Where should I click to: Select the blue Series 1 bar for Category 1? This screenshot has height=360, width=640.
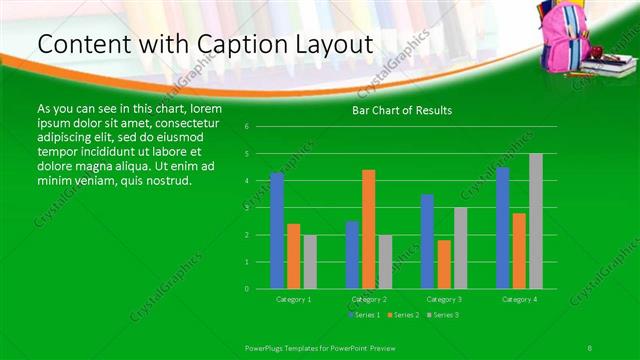pyautogui.click(x=277, y=230)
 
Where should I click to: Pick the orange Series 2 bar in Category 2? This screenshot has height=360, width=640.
pyautogui.click(x=368, y=229)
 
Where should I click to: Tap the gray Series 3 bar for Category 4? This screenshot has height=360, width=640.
pyautogui.click(x=536, y=221)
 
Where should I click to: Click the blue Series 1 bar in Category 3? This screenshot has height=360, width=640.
pyautogui.click(x=427, y=241)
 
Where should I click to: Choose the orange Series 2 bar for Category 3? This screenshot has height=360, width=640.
pyautogui.click(x=443, y=264)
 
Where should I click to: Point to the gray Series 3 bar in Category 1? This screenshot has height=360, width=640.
pyautogui.click(x=310, y=261)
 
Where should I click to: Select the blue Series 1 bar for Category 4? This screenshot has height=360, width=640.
pyautogui.click(x=502, y=228)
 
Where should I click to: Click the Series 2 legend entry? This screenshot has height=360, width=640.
pyautogui.click(x=402, y=315)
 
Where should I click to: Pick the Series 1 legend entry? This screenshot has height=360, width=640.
pyautogui.click(x=363, y=315)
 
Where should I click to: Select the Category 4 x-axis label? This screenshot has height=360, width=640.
pyautogui.click(x=518, y=299)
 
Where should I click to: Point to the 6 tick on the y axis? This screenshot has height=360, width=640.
pyautogui.click(x=247, y=127)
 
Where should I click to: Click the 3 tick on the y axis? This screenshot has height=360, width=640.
pyautogui.click(x=247, y=208)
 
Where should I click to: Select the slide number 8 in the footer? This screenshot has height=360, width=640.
pyautogui.click(x=590, y=346)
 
